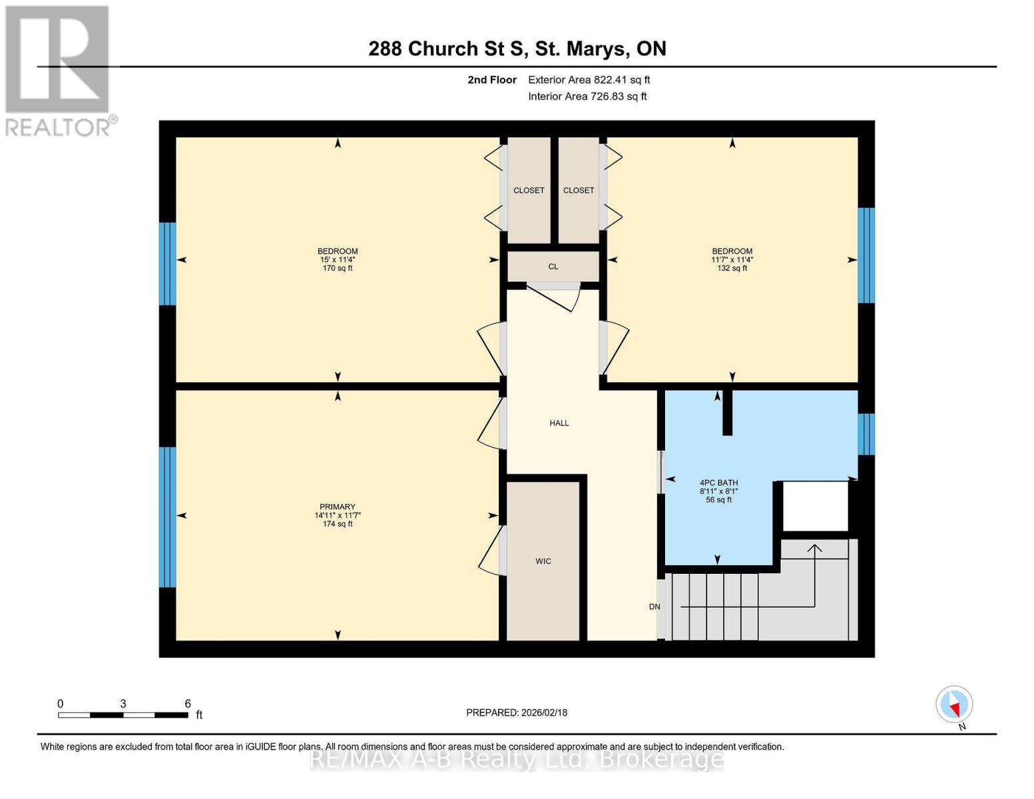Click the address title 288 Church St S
[x=517, y=49]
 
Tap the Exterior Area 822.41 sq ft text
[x=589, y=80]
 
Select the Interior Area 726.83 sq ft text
[x=587, y=97]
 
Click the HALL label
[x=559, y=423]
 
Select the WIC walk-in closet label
[x=543, y=561]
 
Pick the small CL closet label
[x=553, y=266]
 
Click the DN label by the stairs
[x=654, y=607]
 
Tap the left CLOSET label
[x=529, y=190]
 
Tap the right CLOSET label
[x=579, y=190]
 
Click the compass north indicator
[x=955, y=704]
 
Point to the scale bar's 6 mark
[x=188, y=704]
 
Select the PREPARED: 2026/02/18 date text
[x=517, y=712]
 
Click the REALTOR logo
[x=59, y=70]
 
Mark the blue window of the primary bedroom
[x=167, y=517]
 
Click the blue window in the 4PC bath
[x=866, y=434]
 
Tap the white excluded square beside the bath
[x=815, y=506]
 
